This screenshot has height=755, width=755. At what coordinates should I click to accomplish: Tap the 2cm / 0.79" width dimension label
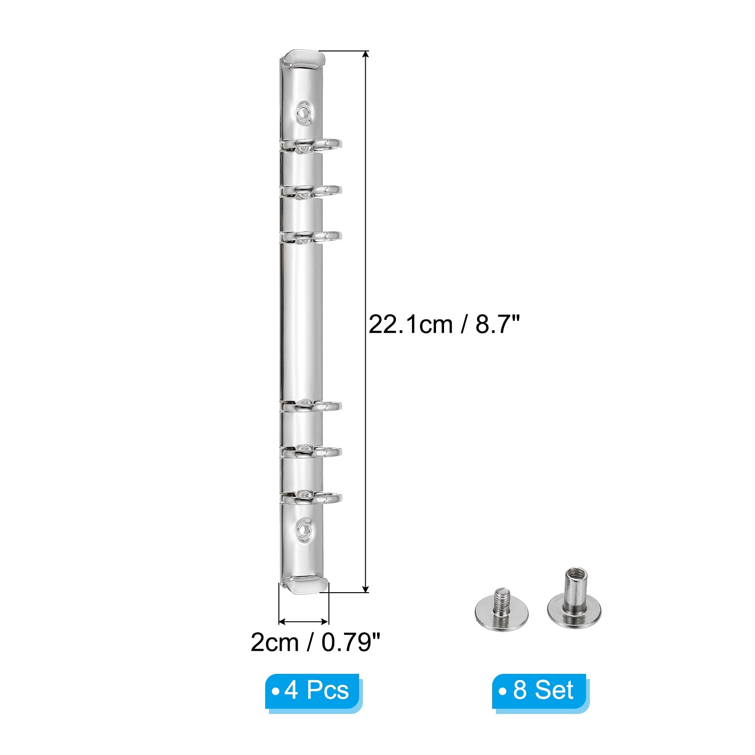[x=315, y=642]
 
